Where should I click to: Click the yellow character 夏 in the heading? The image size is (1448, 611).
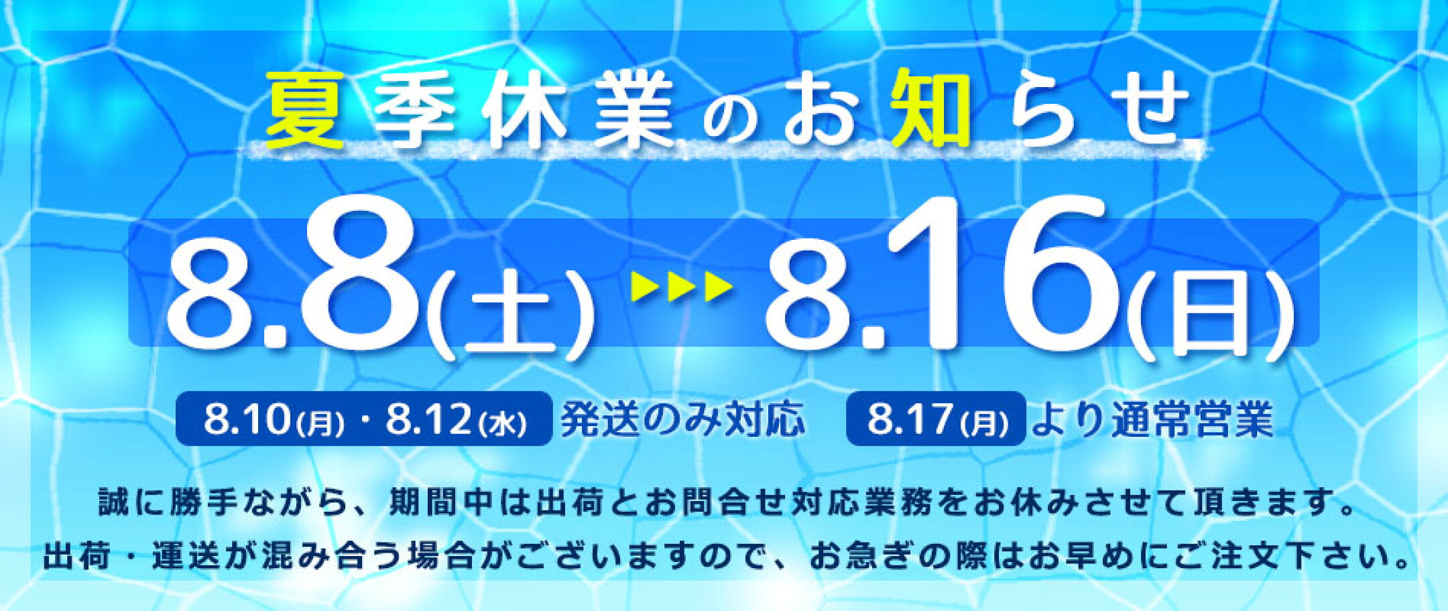(x=306, y=110)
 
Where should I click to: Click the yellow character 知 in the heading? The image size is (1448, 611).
(x=932, y=107)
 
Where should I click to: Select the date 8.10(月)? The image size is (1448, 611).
(x=274, y=420)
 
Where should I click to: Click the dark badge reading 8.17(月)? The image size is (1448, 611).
(x=937, y=419)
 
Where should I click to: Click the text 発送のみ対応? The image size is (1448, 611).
(x=682, y=419)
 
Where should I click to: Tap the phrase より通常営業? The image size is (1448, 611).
(x=1152, y=419)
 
